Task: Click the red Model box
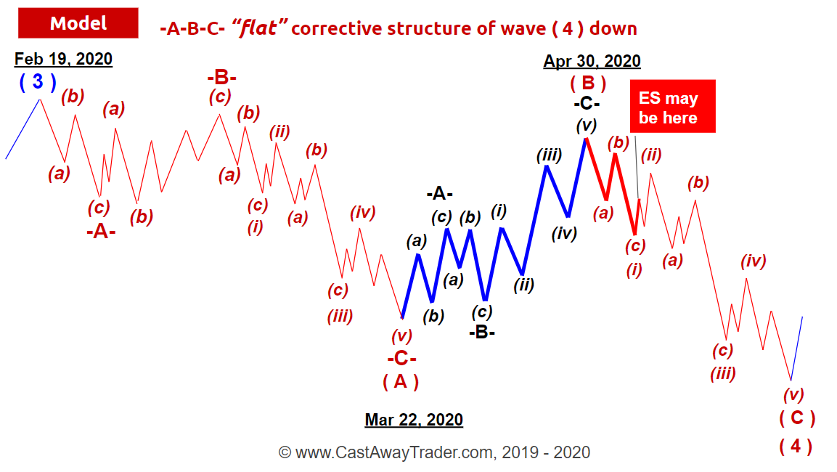[78, 23]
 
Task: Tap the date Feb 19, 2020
[63, 59]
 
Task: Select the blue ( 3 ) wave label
[37, 81]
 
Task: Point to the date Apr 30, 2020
[592, 61]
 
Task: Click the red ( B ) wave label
[588, 84]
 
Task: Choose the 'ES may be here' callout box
[673, 106]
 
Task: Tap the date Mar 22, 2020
[414, 420]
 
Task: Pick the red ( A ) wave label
[400, 382]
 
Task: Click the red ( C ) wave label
[797, 418]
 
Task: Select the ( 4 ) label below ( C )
[796, 446]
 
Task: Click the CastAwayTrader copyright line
[434, 453]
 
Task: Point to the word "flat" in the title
[260, 28]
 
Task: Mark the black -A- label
[440, 193]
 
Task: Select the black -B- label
[482, 332]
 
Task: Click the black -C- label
[587, 103]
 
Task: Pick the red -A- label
[101, 232]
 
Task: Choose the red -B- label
[221, 78]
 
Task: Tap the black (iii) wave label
[550, 155]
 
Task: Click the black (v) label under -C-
[586, 126]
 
